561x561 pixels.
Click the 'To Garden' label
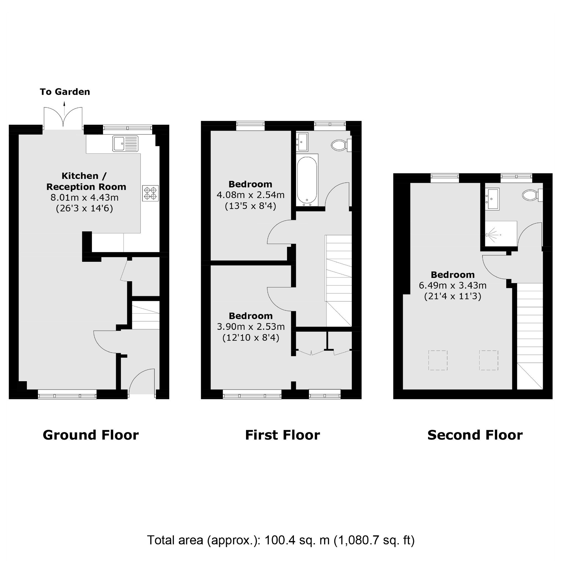click(x=65, y=92)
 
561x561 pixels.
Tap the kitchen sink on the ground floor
click(x=125, y=144)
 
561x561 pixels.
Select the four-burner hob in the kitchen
click(x=150, y=193)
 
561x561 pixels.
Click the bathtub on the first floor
click(x=307, y=180)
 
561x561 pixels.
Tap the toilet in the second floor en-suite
click(x=532, y=195)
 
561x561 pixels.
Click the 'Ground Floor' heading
click(x=91, y=435)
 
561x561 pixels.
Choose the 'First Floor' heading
click(x=283, y=435)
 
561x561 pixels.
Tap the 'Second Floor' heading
click(x=475, y=435)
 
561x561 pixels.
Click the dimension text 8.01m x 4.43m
click(x=84, y=198)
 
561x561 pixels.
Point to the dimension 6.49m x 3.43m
click(x=453, y=285)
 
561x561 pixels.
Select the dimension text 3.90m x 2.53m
click(x=251, y=327)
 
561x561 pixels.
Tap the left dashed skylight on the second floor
click(x=438, y=360)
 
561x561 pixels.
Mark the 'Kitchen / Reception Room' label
click(x=86, y=181)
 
